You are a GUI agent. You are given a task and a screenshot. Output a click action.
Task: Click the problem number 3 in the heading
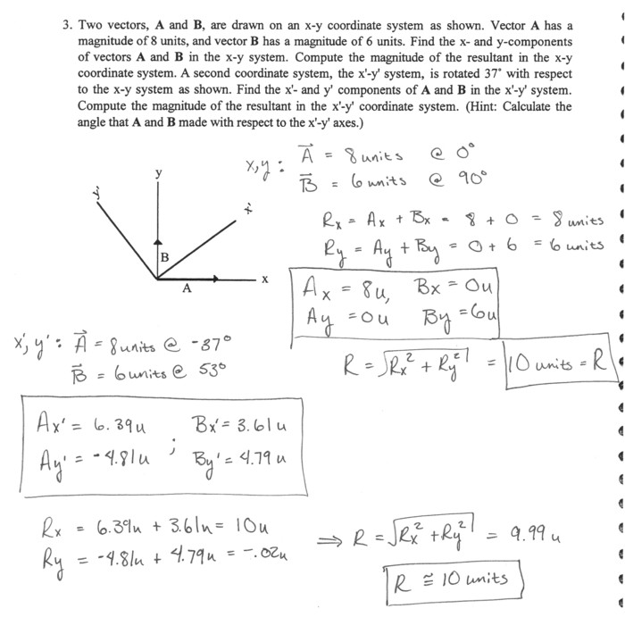[x=67, y=26]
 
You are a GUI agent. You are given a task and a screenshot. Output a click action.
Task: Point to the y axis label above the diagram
[x=159, y=175]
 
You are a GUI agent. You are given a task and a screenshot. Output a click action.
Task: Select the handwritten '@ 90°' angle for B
[x=460, y=179]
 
